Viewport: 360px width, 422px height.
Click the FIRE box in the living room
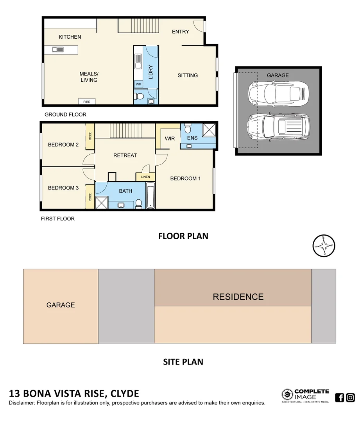(x=87, y=102)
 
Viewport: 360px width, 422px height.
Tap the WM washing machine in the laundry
(x=138, y=84)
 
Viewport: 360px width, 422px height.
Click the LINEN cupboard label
(x=145, y=177)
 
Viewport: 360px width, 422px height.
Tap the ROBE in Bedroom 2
(x=90, y=136)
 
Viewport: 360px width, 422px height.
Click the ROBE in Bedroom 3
(x=90, y=197)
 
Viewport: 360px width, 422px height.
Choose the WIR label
(x=170, y=139)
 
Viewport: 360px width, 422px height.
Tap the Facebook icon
(x=339, y=397)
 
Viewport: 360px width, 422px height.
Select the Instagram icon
(x=351, y=397)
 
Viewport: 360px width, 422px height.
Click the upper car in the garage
(x=278, y=93)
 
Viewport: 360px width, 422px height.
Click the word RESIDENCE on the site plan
(x=238, y=297)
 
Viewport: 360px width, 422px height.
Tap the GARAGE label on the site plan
(x=61, y=305)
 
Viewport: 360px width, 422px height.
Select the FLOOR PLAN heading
(x=183, y=236)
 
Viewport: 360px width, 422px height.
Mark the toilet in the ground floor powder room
(x=140, y=95)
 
